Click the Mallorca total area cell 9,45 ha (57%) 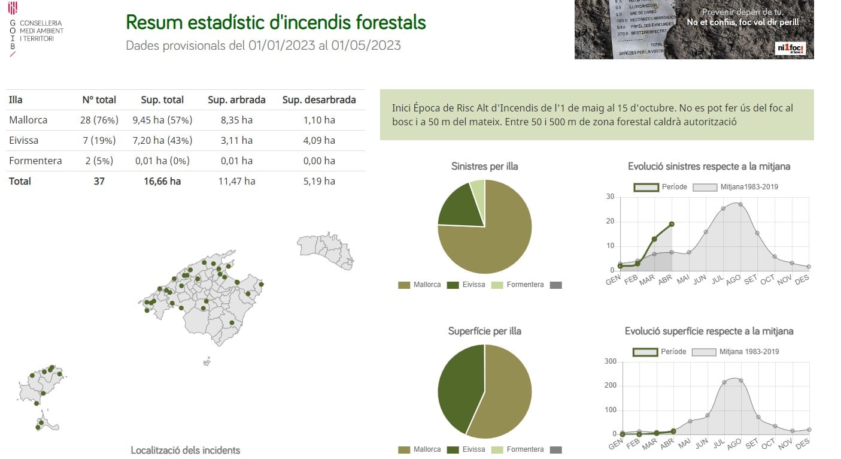162,120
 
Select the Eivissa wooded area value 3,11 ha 236,140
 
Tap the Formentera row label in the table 35,161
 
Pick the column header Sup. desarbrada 319,99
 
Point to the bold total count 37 99,181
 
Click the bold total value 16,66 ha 162,181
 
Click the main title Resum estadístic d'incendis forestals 276,23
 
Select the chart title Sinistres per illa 484,166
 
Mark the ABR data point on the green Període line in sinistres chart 672,224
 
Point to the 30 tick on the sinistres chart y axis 610,197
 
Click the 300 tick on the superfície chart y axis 610,361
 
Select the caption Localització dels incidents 185,450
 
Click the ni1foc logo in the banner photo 790,49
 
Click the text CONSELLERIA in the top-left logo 41,23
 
